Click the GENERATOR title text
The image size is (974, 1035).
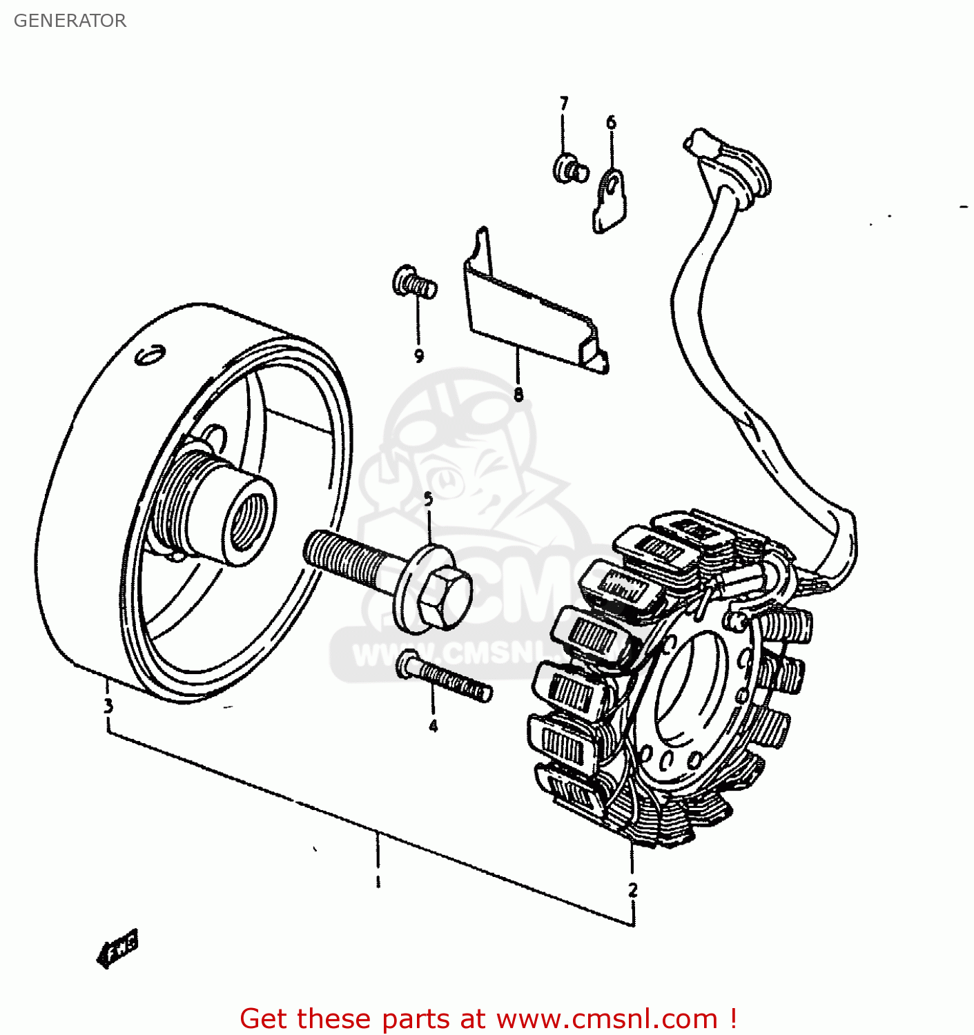pos(70,21)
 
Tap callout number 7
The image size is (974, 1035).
pos(564,103)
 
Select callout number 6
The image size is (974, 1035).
pos(611,123)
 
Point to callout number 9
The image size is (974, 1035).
pos(419,356)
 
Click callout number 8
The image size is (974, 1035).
pos(518,394)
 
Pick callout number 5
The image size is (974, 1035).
pos(428,499)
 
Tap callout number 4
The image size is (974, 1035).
pos(434,725)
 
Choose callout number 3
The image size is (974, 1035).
pos(108,706)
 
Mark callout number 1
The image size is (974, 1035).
pos(378,881)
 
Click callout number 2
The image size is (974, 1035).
pos(632,889)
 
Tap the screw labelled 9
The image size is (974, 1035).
pos(414,282)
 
